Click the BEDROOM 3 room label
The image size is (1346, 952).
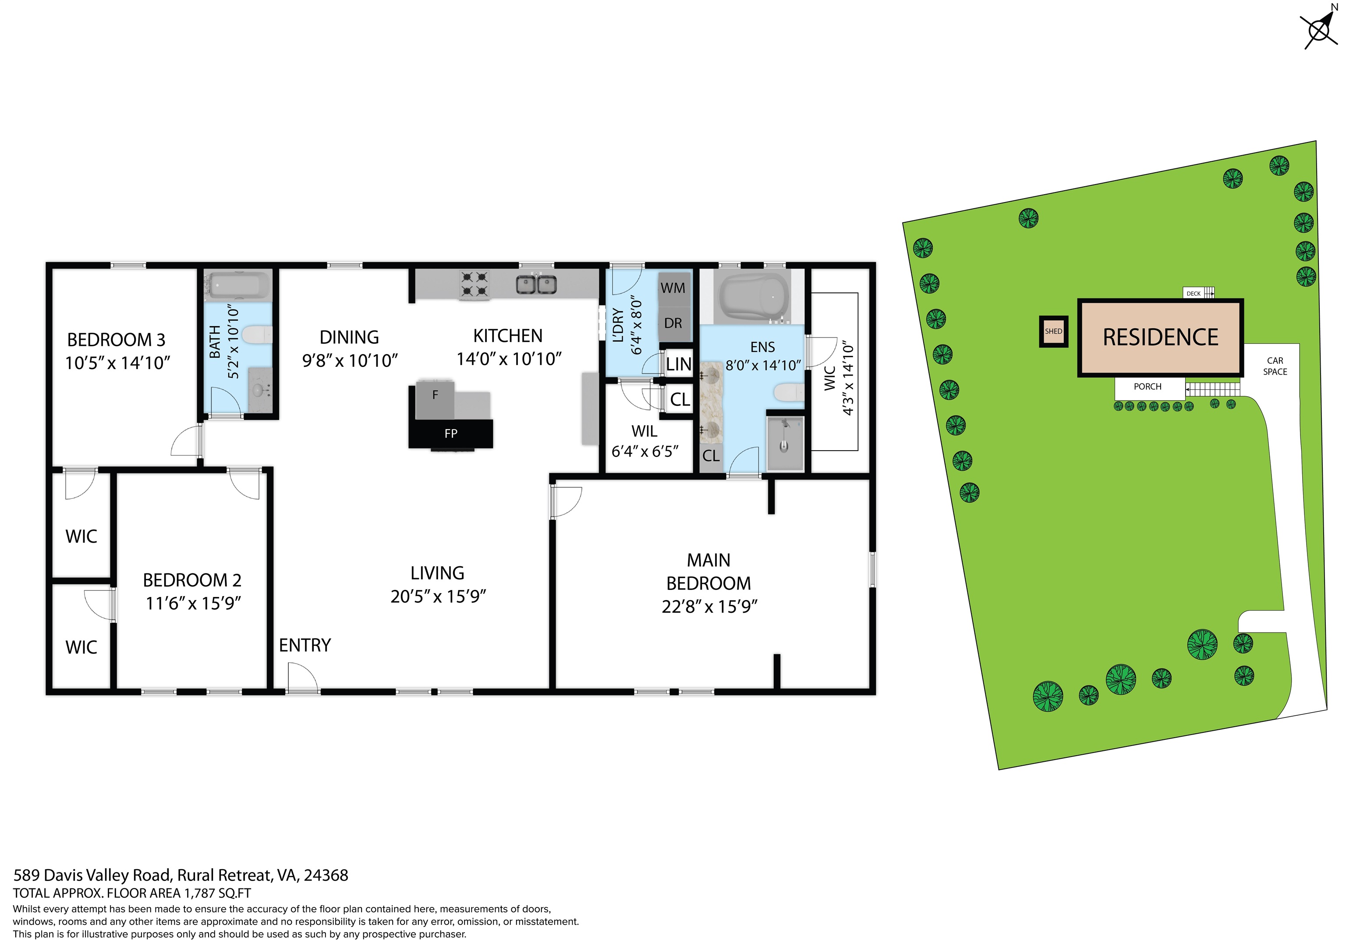click(x=116, y=340)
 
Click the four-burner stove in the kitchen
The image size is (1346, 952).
click(x=474, y=284)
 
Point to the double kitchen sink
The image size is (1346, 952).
click(x=536, y=284)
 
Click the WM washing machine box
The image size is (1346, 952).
click(x=673, y=288)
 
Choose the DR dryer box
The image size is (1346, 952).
click(x=673, y=323)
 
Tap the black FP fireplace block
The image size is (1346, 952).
click(x=450, y=434)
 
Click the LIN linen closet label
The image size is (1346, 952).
click(x=678, y=364)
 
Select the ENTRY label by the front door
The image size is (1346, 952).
click(x=305, y=645)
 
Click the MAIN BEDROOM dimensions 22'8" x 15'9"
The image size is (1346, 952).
click(x=709, y=607)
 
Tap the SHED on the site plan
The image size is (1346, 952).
click(x=1053, y=331)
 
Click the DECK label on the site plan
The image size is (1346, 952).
click(x=1194, y=293)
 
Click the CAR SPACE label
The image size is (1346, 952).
click(x=1275, y=366)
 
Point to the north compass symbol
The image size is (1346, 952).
click(x=1319, y=29)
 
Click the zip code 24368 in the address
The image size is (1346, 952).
click(x=326, y=875)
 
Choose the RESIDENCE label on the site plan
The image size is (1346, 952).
click(x=1160, y=337)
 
